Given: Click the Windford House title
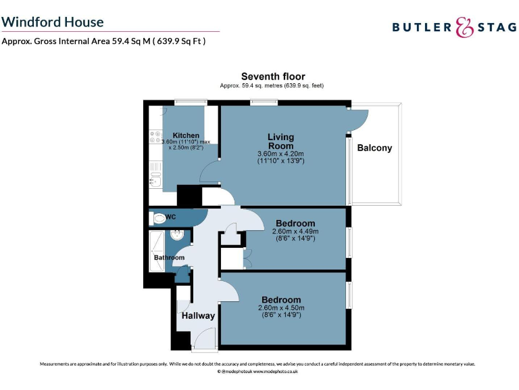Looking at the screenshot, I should [x=53, y=22].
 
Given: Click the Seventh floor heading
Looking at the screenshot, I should [x=273, y=77].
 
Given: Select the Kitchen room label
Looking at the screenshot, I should [x=186, y=135].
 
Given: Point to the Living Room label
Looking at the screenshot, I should [x=280, y=142].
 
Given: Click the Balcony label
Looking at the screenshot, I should [x=374, y=148].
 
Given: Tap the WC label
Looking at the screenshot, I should [x=171, y=217].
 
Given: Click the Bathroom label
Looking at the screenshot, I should [x=168, y=257].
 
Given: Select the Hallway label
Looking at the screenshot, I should [x=198, y=316].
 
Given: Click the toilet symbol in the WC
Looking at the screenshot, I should [x=159, y=218].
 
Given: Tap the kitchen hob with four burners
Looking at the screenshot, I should [x=153, y=142].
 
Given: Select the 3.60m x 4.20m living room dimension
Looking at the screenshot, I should [x=280, y=154].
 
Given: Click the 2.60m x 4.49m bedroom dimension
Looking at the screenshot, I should [x=295, y=231].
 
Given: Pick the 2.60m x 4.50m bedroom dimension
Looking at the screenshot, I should [x=280, y=307].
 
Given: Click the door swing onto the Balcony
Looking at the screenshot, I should [x=359, y=119].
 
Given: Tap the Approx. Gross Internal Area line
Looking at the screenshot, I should [x=103, y=41].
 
